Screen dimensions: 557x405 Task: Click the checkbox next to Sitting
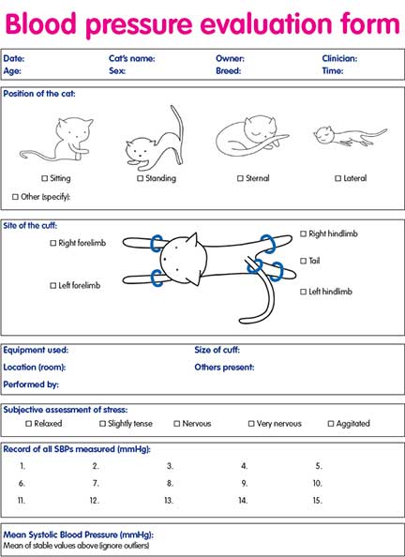click(x=45, y=178)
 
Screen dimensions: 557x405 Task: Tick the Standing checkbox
click(x=140, y=178)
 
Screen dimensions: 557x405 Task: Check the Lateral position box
click(x=337, y=178)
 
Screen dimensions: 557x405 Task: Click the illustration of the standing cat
click(x=151, y=136)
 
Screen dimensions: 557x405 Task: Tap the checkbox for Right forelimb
click(x=53, y=243)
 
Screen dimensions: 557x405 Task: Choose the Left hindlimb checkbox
click(x=303, y=292)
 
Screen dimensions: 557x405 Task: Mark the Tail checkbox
click(x=303, y=261)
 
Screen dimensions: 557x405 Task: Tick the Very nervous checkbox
click(x=251, y=424)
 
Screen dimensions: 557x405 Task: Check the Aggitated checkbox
click(x=331, y=424)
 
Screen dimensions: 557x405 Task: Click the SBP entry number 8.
click(x=170, y=483)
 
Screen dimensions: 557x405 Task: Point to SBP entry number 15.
click(x=318, y=501)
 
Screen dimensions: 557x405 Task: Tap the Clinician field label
click(x=339, y=58)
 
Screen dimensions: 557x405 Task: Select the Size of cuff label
click(x=220, y=350)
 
